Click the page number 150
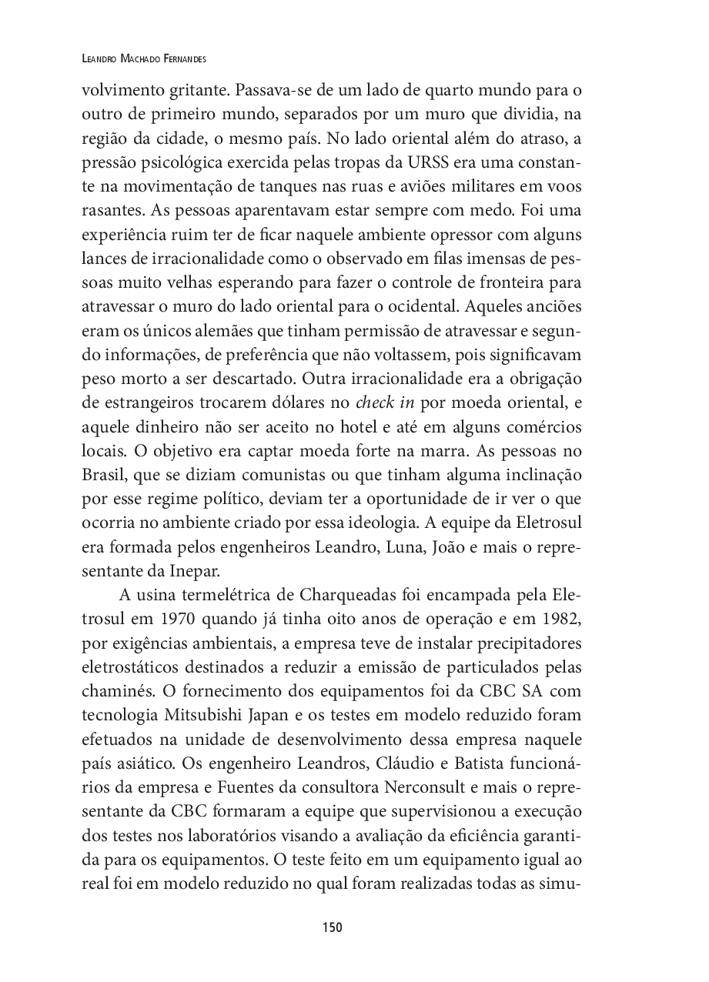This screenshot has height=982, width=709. click(332, 927)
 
